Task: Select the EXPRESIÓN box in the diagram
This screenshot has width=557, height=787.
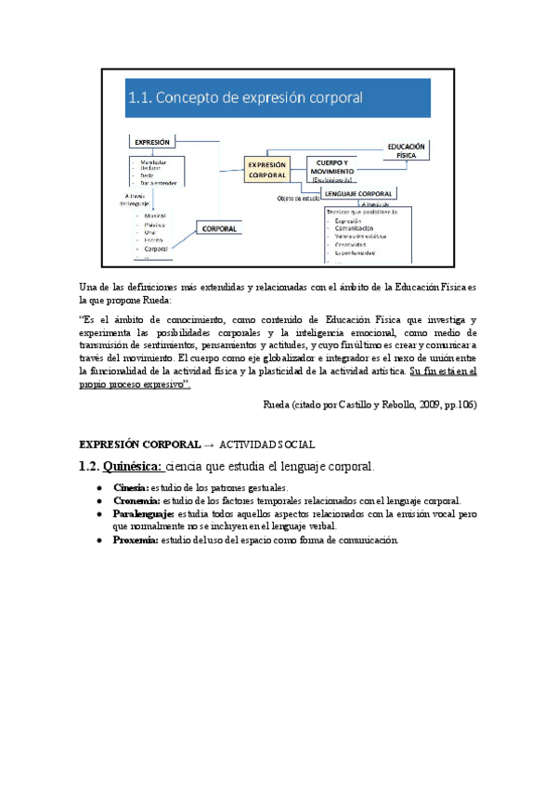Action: pos(153,142)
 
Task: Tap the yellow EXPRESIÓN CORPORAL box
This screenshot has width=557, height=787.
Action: pos(266,169)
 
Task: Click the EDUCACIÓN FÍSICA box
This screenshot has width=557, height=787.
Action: pos(407,151)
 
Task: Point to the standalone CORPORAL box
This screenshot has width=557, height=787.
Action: pos(219,227)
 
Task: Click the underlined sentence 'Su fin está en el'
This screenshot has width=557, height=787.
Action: pos(442,370)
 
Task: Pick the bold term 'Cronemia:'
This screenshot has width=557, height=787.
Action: pos(136,500)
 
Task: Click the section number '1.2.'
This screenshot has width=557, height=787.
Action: pos(89,466)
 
